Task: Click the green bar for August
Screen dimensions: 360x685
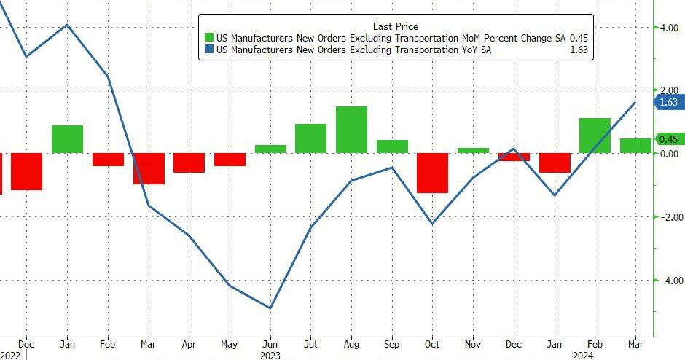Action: pos(351,130)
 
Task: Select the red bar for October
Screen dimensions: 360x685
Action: pos(432,173)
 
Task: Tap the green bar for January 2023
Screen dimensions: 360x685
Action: pos(67,139)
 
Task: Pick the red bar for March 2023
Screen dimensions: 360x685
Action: pos(149,168)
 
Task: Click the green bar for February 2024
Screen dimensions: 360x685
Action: pos(595,136)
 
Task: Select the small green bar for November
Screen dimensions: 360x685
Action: pos(473,150)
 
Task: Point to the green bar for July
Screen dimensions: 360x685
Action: pos(310,138)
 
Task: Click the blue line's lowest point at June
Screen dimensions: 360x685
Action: pos(270,308)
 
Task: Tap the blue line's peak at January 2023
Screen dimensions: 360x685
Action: pos(67,25)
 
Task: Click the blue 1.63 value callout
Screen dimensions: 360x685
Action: pos(668,103)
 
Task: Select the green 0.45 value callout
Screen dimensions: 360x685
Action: pos(668,139)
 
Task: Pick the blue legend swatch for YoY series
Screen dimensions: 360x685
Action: pos(209,51)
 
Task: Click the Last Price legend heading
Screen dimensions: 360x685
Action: pos(395,26)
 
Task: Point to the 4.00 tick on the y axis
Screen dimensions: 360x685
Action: pos(670,27)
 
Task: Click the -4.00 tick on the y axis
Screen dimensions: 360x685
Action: pos(668,281)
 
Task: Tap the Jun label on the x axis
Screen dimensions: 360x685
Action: pos(270,343)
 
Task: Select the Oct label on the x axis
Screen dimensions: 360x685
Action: pos(432,343)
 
